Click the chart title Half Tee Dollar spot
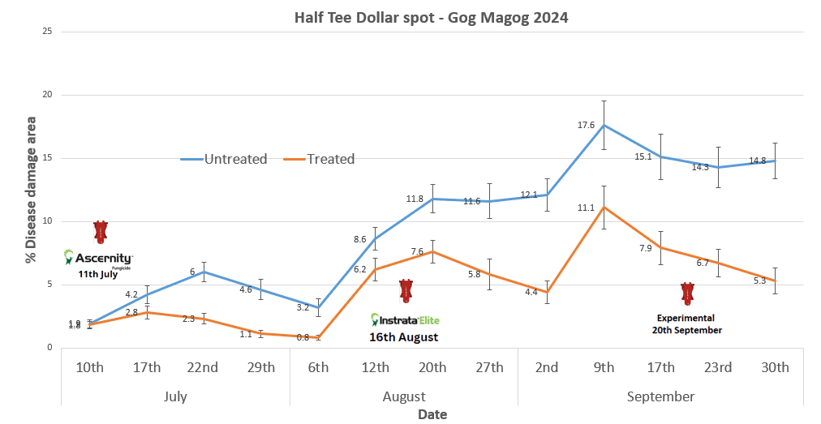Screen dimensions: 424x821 pos(431,17)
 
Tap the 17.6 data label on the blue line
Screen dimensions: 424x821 pos(586,126)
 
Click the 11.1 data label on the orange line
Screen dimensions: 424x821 pos(586,208)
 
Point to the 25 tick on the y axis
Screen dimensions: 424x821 pos(46,32)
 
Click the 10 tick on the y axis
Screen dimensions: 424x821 pos(46,221)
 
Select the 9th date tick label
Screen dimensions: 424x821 pos(604,367)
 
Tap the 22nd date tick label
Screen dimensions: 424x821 pos(204,367)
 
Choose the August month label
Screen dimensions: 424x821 pos(403,396)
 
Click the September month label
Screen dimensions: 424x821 pos(660,396)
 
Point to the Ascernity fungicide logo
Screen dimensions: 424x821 pos(98,259)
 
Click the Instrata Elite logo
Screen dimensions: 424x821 pos(405,319)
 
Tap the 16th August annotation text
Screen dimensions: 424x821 pos(403,336)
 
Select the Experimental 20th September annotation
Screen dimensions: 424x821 pos(686,324)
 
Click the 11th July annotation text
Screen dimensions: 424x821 pos(98,274)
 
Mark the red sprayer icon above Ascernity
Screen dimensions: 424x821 pos(101,232)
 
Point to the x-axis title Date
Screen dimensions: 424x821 pos(432,414)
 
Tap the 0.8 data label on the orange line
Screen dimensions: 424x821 pos(303,337)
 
